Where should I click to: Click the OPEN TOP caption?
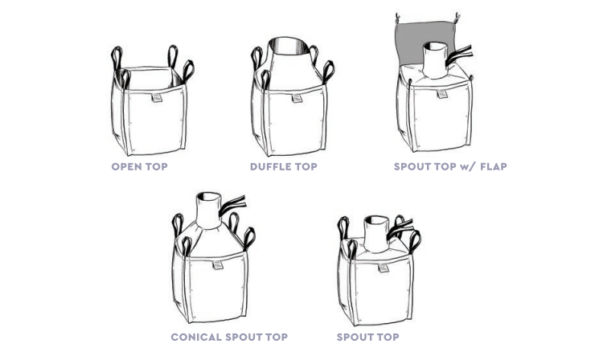pyautogui.click(x=139, y=166)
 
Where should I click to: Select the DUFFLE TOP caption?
pyautogui.click(x=284, y=166)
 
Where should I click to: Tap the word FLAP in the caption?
pyautogui.click(x=493, y=166)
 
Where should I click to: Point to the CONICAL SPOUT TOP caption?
pyautogui.click(x=229, y=337)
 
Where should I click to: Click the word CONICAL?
pyautogui.click(x=196, y=337)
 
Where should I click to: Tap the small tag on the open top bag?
pyautogui.click(x=156, y=98)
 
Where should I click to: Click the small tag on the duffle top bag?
pyautogui.click(x=297, y=98)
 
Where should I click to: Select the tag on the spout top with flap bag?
pyautogui.click(x=441, y=93)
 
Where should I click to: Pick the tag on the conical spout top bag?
pyautogui.click(x=217, y=265)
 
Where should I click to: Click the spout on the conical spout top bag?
pyautogui.click(x=208, y=210)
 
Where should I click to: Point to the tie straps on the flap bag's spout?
pyautogui.click(x=458, y=55)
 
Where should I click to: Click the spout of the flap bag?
pyautogui.click(x=435, y=59)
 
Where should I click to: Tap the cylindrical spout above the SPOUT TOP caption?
pyautogui.click(x=376, y=234)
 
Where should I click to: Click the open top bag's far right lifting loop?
pyautogui.click(x=188, y=72)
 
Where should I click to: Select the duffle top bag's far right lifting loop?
pyautogui.click(x=328, y=72)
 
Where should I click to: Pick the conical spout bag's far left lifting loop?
pyautogui.click(x=178, y=225)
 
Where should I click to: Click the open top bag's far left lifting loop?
pyautogui.click(x=117, y=59)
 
